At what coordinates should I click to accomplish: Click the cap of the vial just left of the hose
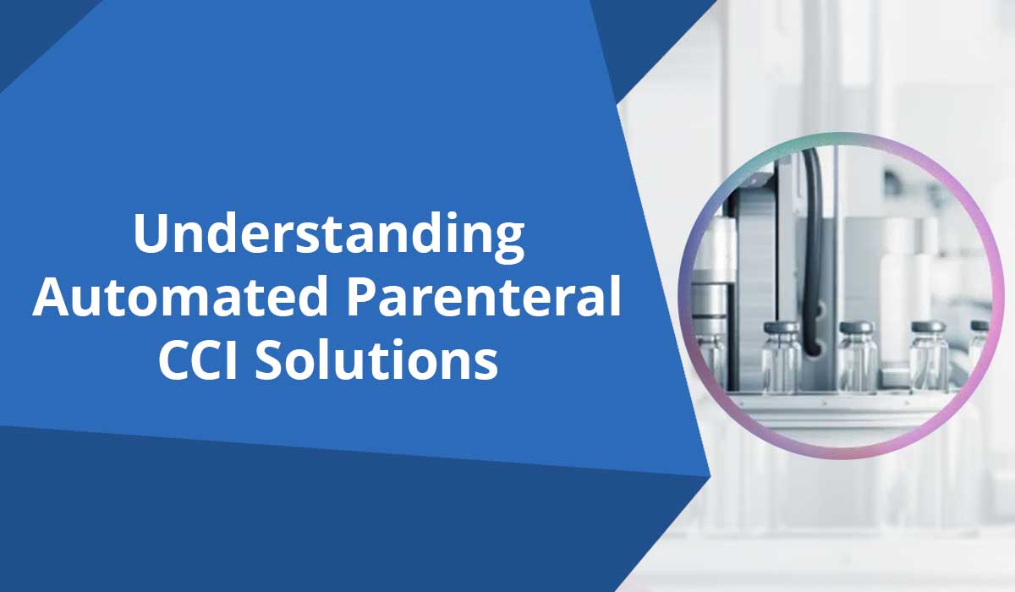[x=781, y=327]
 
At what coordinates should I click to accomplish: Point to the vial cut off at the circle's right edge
[x=979, y=355]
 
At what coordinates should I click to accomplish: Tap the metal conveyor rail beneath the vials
[x=846, y=406]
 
